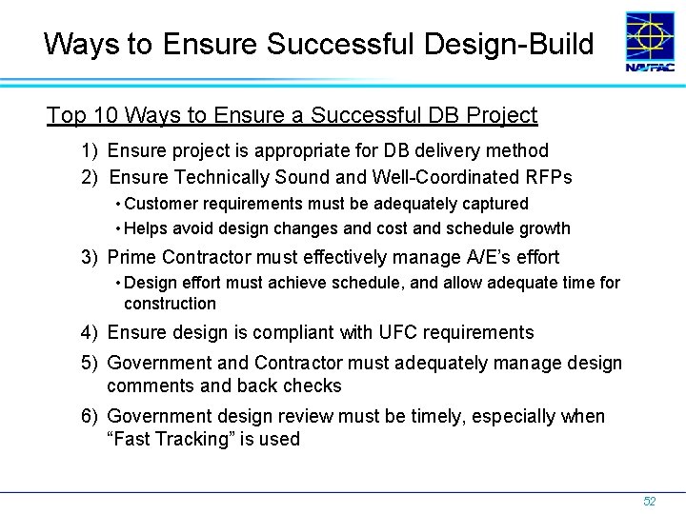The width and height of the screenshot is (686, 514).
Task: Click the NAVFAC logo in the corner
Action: [650, 43]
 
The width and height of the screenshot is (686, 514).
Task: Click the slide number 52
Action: [649, 501]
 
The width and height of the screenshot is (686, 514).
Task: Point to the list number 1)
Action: [91, 150]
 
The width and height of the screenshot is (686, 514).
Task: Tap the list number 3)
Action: [91, 257]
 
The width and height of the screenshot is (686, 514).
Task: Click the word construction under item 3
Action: [170, 304]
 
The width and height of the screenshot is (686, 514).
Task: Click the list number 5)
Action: [91, 363]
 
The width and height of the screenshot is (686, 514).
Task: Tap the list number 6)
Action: [91, 416]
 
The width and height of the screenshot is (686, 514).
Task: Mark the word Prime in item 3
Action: [131, 257]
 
